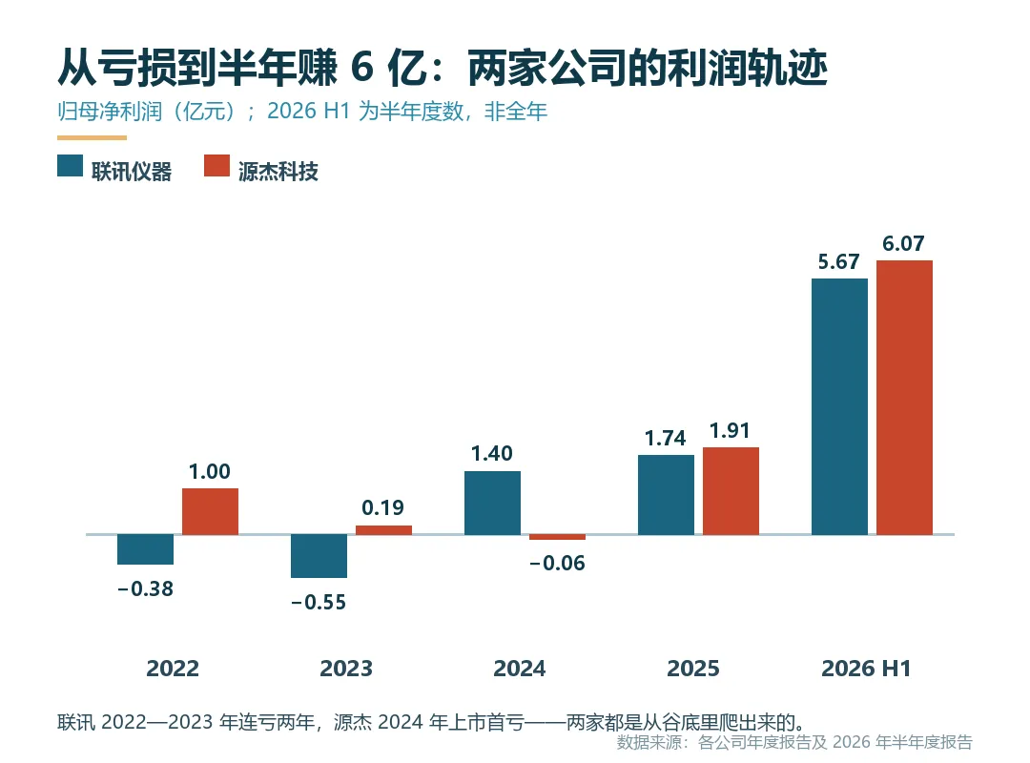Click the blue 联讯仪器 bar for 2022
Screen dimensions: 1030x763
point(145,549)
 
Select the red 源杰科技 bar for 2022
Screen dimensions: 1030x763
point(210,511)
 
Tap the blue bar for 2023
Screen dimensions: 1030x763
point(319,556)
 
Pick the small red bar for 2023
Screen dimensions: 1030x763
point(383,530)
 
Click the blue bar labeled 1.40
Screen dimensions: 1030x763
point(493,503)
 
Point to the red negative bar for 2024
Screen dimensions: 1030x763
point(557,538)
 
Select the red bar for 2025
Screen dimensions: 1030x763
point(731,491)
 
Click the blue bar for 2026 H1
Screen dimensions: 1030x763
point(839,407)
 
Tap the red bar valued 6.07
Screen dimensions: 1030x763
point(904,398)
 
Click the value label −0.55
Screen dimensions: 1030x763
point(319,602)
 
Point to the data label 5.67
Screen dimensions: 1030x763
point(839,261)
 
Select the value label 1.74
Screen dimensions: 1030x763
point(665,438)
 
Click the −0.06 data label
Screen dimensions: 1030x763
point(557,563)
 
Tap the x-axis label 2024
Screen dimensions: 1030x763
point(520,669)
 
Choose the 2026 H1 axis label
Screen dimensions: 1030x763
point(866,669)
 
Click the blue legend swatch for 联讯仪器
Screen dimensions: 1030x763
point(71,166)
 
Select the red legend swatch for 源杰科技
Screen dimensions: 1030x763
point(216,166)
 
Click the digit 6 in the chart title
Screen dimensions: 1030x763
point(362,67)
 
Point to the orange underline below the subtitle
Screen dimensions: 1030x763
point(92,137)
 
